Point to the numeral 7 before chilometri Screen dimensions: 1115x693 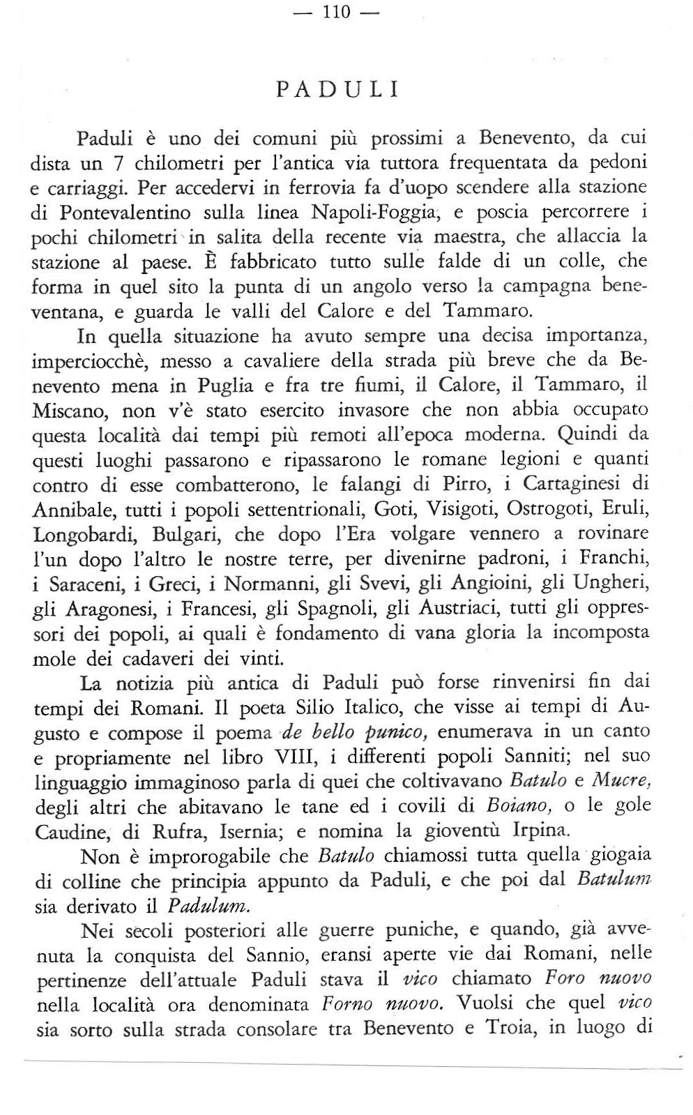point(119,163)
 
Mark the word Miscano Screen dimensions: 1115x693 point(69,411)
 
